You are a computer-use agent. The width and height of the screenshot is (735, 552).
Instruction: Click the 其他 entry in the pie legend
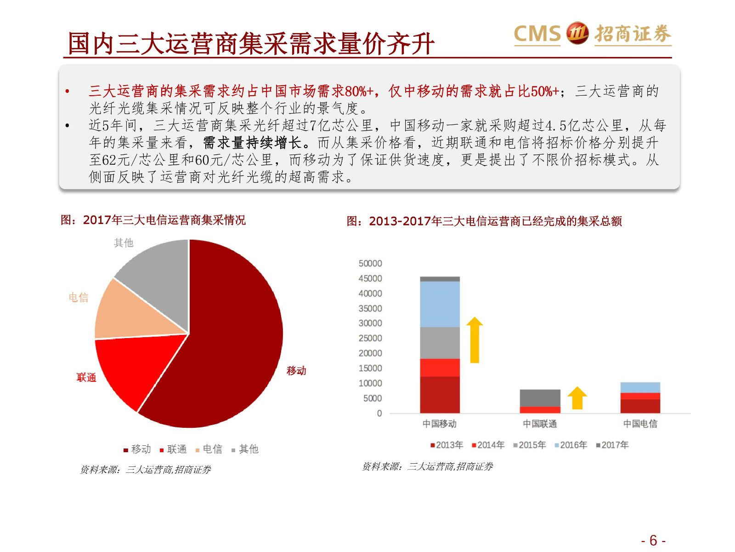click(x=245, y=449)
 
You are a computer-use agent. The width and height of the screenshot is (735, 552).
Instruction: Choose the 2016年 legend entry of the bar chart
click(x=571, y=445)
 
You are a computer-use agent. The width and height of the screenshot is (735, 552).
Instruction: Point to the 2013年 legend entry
click(x=447, y=445)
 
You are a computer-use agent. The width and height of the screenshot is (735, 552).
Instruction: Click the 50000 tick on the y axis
click(x=370, y=264)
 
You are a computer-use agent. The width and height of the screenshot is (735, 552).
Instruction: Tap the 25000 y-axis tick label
click(x=370, y=338)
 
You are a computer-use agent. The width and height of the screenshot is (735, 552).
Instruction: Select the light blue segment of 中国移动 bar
click(x=440, y=304)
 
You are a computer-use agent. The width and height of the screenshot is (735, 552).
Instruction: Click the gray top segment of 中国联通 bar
click(x=540, y=398)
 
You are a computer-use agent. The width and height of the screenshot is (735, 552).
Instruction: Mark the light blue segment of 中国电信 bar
click(x=640, y=387)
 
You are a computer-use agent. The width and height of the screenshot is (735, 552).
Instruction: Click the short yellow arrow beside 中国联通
click(x=577, y=398)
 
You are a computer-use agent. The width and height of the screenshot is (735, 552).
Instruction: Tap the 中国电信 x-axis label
click(x=640, y=424)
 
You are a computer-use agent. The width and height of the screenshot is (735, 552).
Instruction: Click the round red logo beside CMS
click(x=577, y=33)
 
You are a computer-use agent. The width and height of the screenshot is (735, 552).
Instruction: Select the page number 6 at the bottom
click(x=653, y=540)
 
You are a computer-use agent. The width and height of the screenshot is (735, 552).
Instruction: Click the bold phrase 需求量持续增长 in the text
click(x=252, y=143)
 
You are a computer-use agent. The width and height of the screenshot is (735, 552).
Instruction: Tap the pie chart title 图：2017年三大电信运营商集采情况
click(x=153, y=220)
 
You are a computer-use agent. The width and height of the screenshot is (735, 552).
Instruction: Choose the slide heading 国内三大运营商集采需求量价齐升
click(x=251, y=44)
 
